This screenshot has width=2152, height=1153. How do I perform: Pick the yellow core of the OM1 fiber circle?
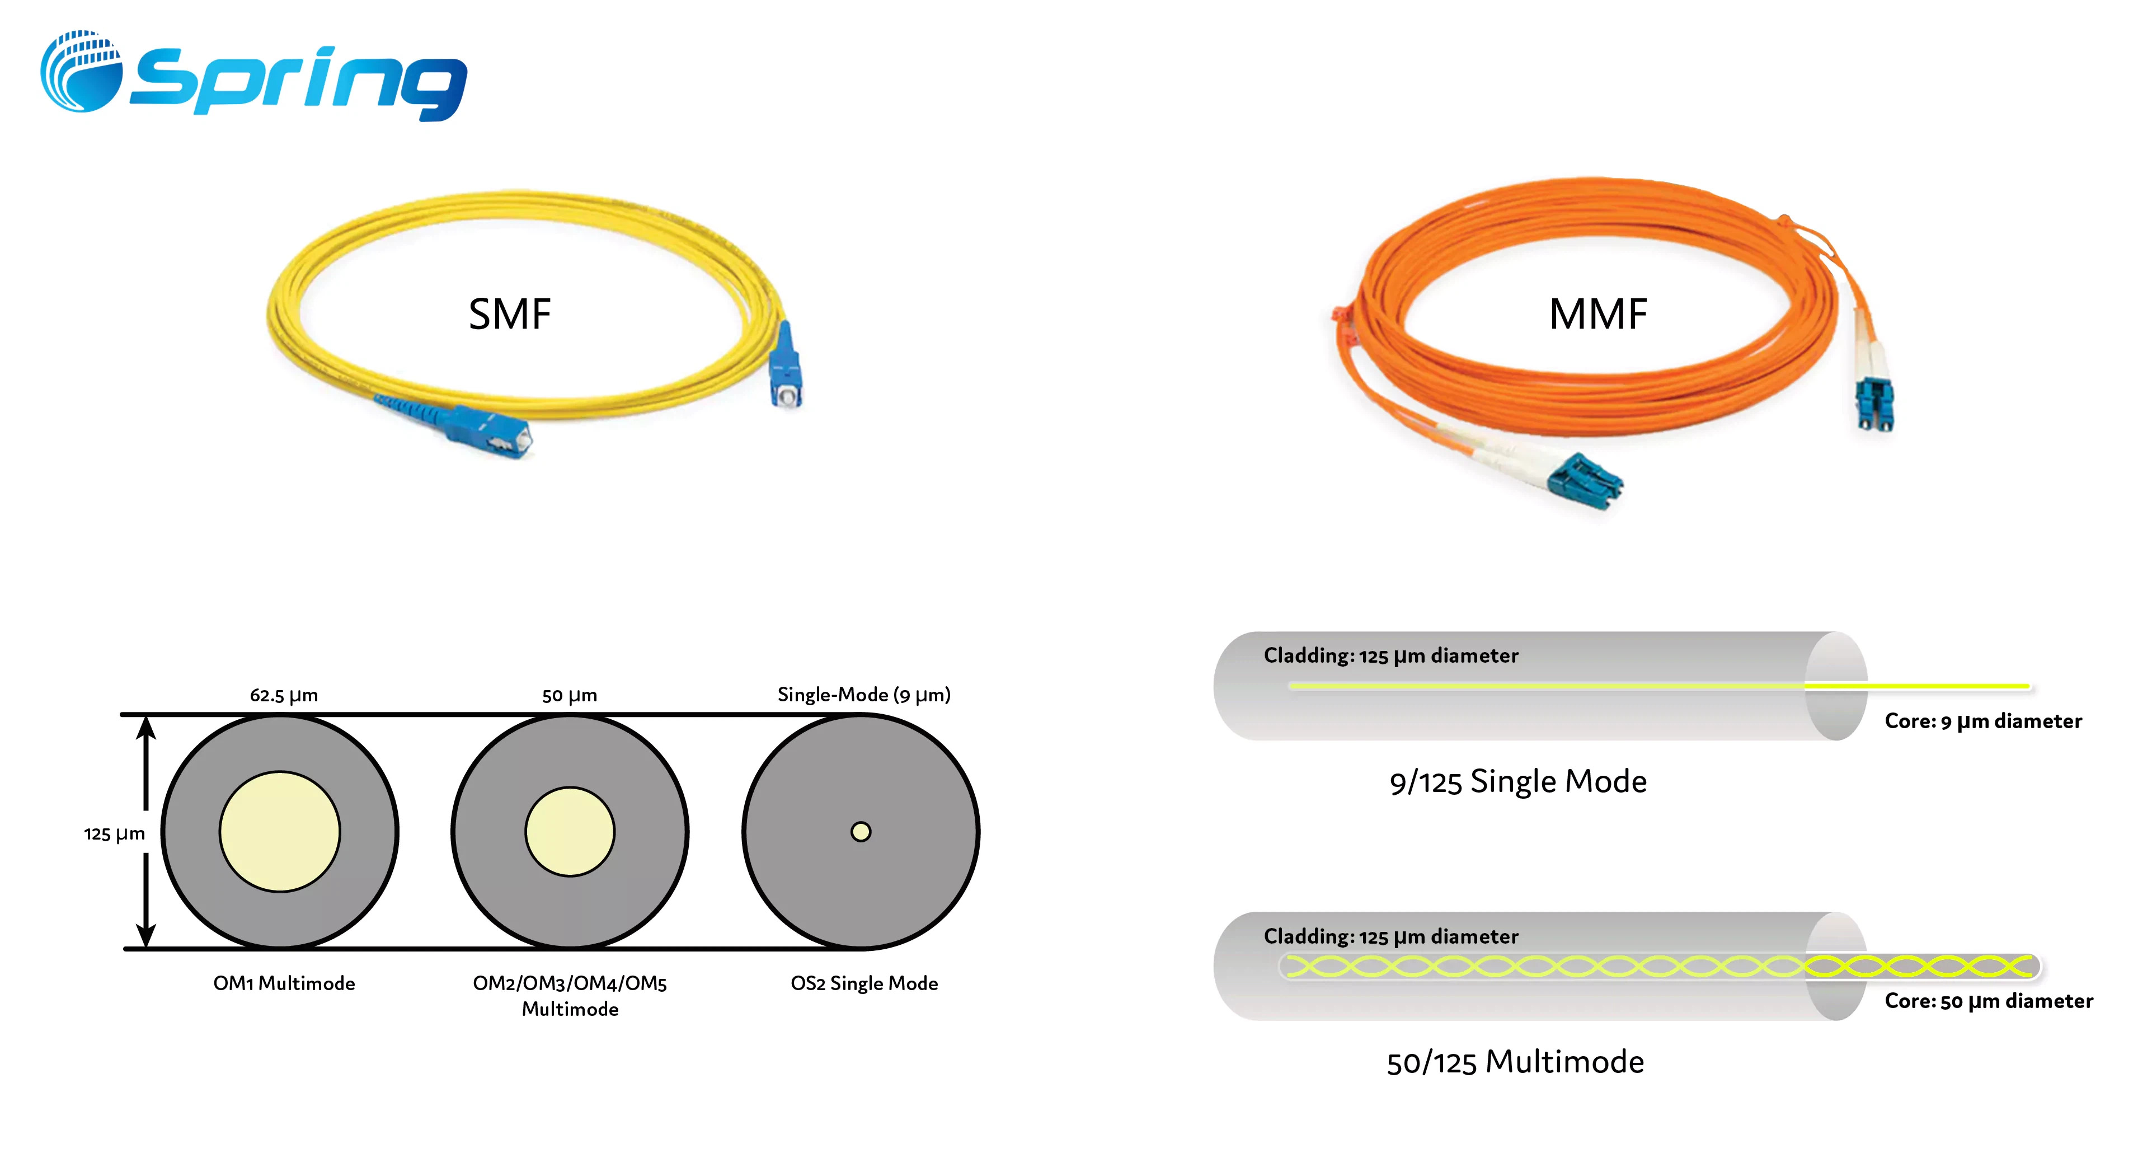click(280, 831)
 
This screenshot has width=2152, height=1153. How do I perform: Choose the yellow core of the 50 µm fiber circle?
click(570, 831)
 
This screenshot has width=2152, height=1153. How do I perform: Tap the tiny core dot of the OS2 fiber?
click(861, 831)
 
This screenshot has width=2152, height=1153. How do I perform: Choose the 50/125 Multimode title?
click(1515, 1062)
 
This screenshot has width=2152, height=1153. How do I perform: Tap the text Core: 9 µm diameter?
click(1982, 721)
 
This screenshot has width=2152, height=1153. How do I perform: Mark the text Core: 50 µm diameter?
click(1988, 1001)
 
